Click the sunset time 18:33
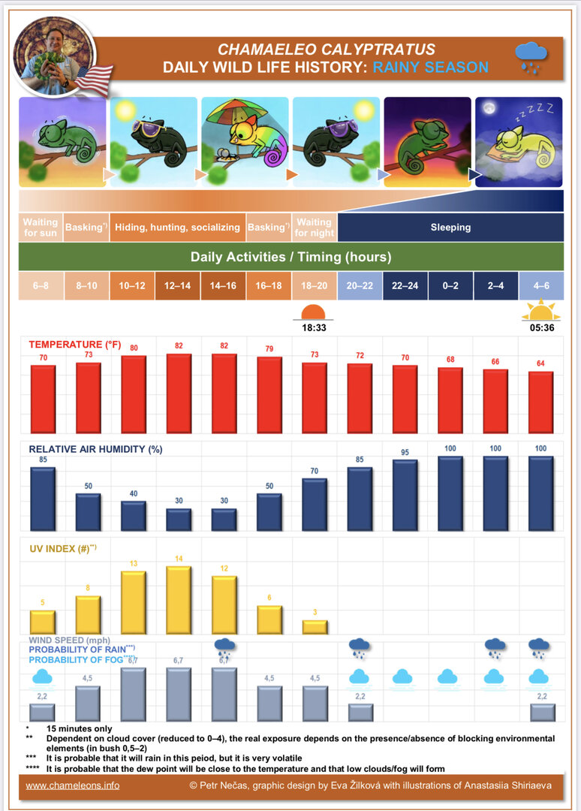(x=313, y=328)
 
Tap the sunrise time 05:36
(x=540, y=328)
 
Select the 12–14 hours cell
(x=177, y=285)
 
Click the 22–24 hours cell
(x=405, y=285)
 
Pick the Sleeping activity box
(x=450, y=227)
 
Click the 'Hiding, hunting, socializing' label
(x=177, y=227)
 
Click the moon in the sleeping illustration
(x=489, y=110)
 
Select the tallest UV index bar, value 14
(x=177, y=600)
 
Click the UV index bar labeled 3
(x=315, y=626)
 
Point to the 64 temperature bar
(x=540, y=402)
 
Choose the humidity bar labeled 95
(x=405, y=495)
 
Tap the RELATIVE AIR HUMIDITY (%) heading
(x=90, y=449)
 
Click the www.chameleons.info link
(x=72, y=785)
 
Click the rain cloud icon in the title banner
(x=531, y=56)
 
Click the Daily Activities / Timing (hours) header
(x=290, y=257)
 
